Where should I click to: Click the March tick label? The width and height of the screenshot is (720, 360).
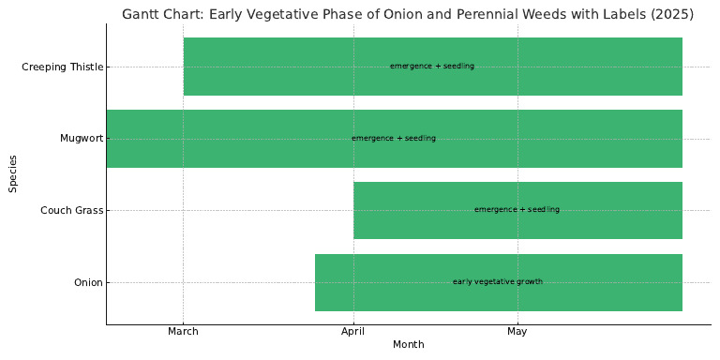(183, 331)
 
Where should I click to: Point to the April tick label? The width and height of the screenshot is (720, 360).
(353, 331)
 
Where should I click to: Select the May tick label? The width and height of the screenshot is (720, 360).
(517, 331)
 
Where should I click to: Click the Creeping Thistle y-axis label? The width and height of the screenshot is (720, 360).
(63, 67)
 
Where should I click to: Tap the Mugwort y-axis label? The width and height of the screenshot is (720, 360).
(82, 139)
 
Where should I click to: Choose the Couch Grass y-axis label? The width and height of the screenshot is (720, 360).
(72, 210)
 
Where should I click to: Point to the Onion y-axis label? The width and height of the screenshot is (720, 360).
(88, 282)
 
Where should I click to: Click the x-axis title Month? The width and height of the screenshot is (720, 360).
(408, 345)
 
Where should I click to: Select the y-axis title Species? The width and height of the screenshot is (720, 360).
(13, 174)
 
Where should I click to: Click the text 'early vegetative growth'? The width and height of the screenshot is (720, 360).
(497, 282)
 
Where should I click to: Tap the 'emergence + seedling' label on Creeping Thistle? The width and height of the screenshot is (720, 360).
(432, 67)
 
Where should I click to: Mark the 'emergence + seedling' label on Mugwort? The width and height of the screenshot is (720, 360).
(394, 139)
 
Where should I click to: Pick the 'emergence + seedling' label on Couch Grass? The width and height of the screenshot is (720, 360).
(517, 210)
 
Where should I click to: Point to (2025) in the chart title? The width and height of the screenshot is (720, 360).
(675, 14)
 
